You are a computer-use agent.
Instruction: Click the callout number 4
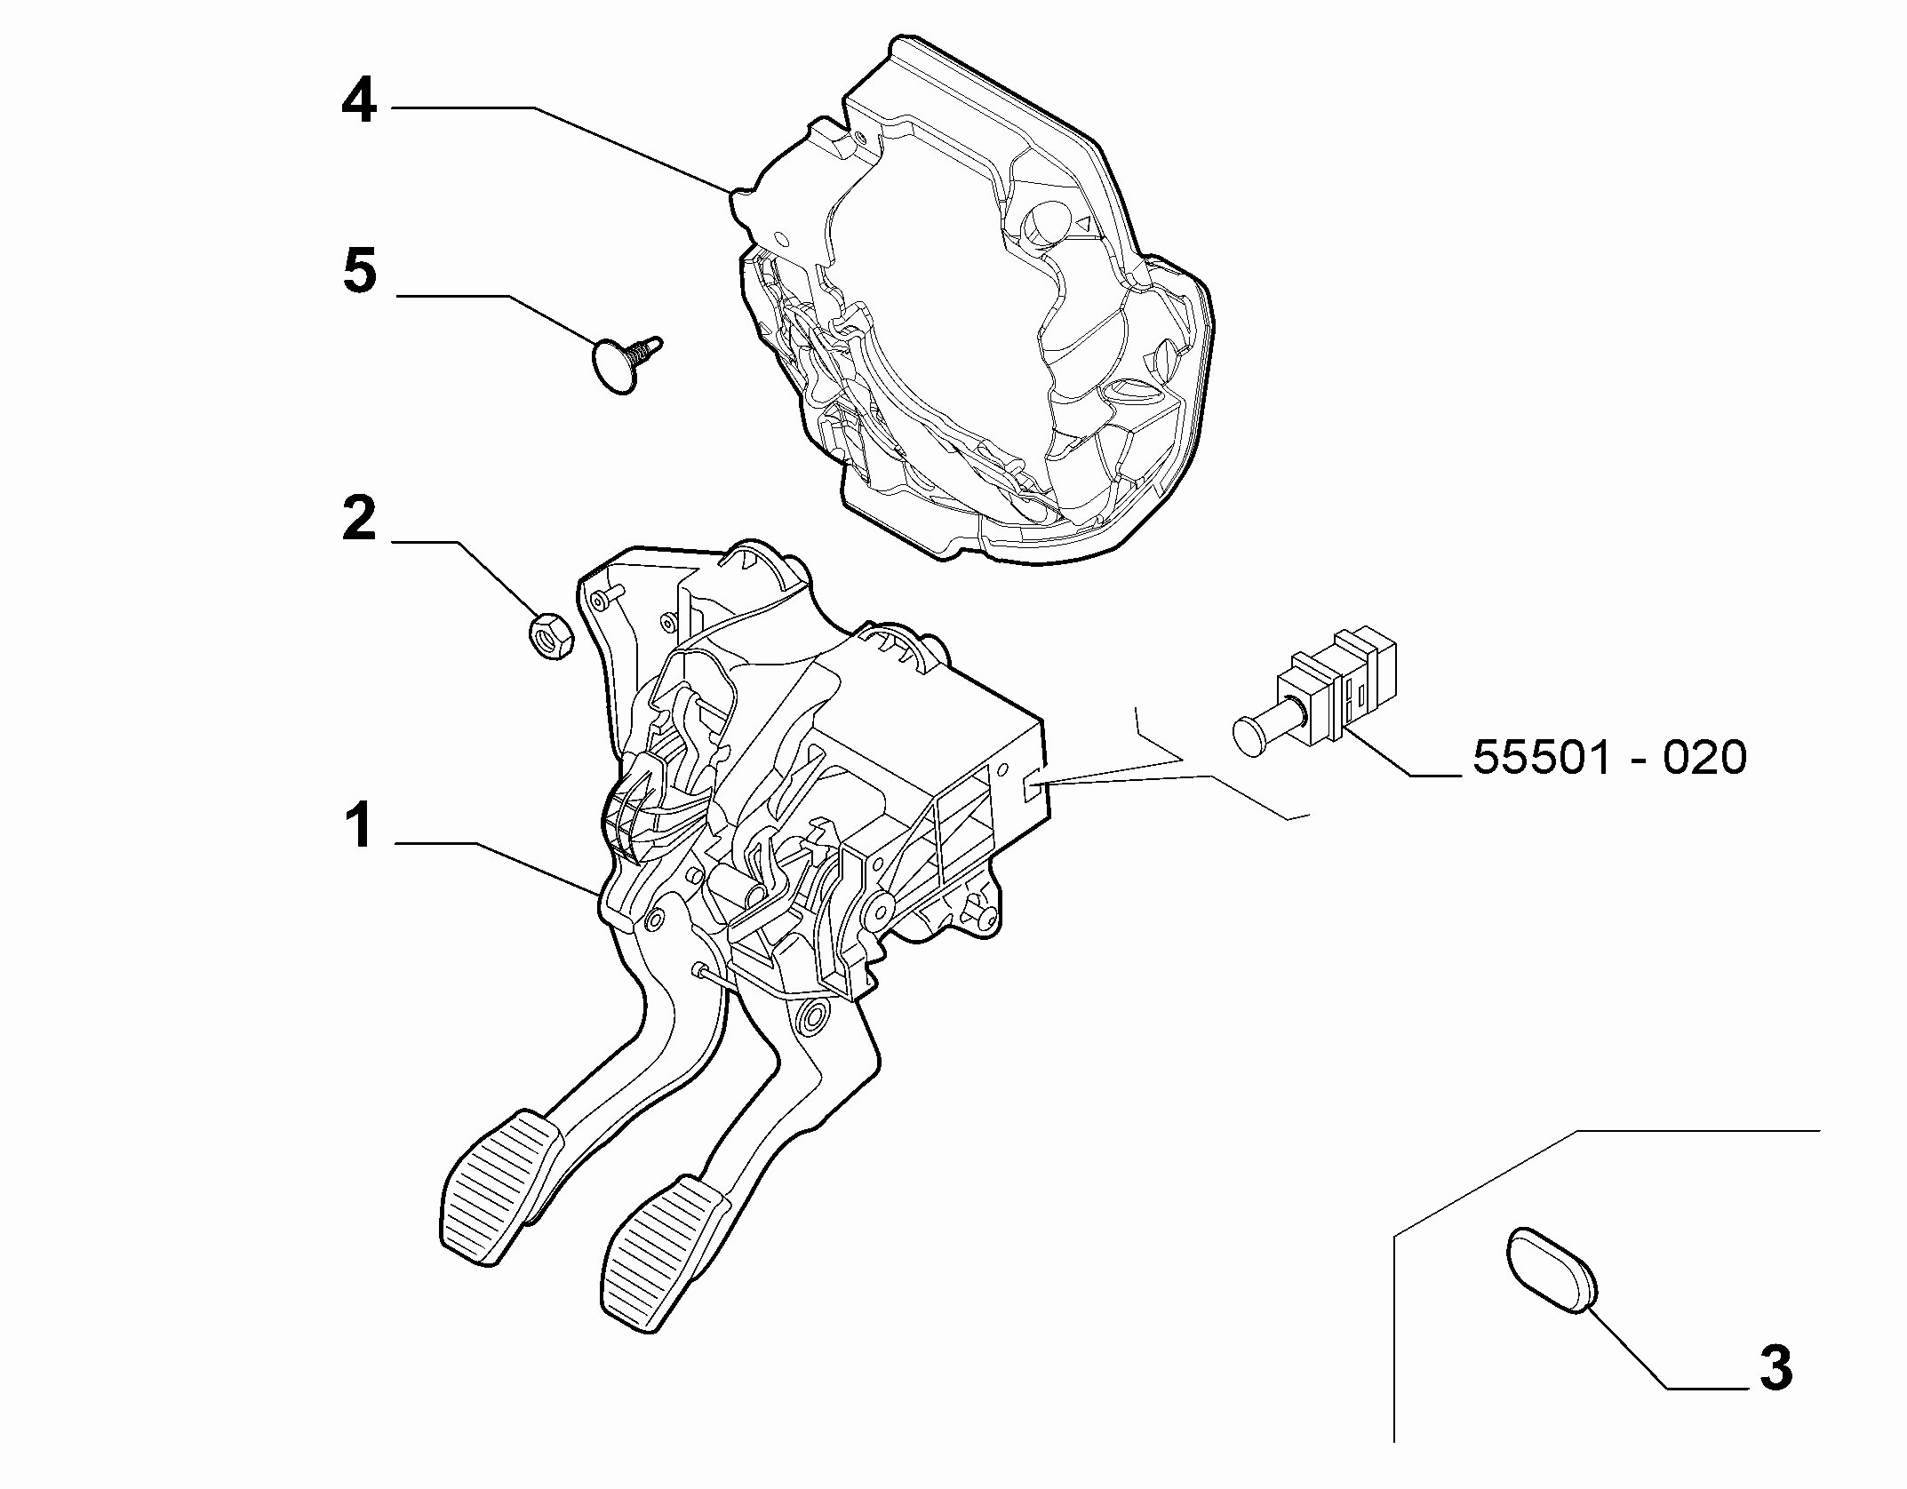point(360,104)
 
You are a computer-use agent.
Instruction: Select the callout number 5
point(360,271)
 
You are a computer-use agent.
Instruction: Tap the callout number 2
point(360,520)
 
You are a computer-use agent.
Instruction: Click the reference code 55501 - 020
point(1609,758)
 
